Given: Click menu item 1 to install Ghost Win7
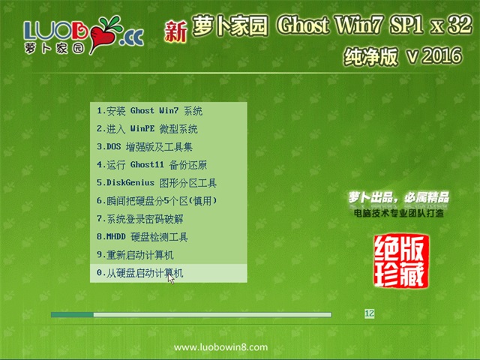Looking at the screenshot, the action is point(149,111).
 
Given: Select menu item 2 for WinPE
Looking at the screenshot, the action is point(147,129).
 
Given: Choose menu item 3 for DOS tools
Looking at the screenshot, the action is point(145,147).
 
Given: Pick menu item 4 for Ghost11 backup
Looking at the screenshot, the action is point(151,165).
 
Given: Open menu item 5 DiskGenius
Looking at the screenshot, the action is point(157,183).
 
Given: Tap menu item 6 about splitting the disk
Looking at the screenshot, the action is point(157,201).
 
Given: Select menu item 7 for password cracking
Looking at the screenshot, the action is point(140,219).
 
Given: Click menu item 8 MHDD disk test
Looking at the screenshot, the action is point(142,237).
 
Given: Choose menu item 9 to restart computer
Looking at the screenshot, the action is point(135,255).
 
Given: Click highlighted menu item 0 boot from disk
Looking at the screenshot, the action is point(168,273).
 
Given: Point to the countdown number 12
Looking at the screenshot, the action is point(370,313).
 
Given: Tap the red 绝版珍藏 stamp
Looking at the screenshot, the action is point(400,261).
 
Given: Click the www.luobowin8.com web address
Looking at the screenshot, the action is point(220,347).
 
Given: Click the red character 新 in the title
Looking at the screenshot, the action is point(175,31).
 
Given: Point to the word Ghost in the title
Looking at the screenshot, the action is point(303,25).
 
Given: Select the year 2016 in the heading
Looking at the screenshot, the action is point(442,55).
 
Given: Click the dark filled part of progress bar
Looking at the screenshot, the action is point(72,315).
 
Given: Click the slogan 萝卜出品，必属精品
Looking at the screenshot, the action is point(398,197).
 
